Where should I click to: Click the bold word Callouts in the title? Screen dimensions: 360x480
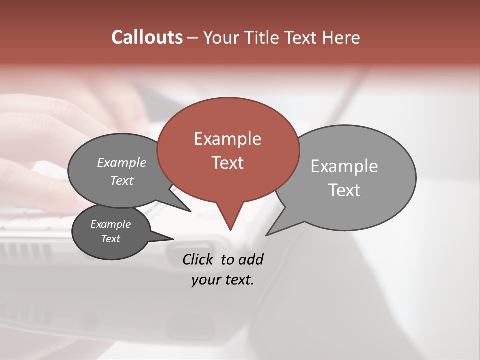(147, 37)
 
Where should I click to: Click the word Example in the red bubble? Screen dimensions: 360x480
(227, 139)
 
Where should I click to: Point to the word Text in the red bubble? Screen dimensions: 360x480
(227, 162)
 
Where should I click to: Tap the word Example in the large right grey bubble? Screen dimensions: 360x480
(344, 166)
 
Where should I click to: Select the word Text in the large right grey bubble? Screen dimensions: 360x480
(344, 190)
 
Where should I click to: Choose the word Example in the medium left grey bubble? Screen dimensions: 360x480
(121, 162)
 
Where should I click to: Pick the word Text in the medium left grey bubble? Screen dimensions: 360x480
(121, 180)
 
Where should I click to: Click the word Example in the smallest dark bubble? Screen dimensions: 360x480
(110, 224)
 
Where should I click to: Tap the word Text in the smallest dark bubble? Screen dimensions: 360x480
(110, 239)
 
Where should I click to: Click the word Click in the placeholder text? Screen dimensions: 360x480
(197, 259)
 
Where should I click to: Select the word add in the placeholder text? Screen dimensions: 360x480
(251, 259)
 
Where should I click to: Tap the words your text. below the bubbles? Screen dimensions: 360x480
(222, 280)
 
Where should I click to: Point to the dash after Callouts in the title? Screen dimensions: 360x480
(193, 38)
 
